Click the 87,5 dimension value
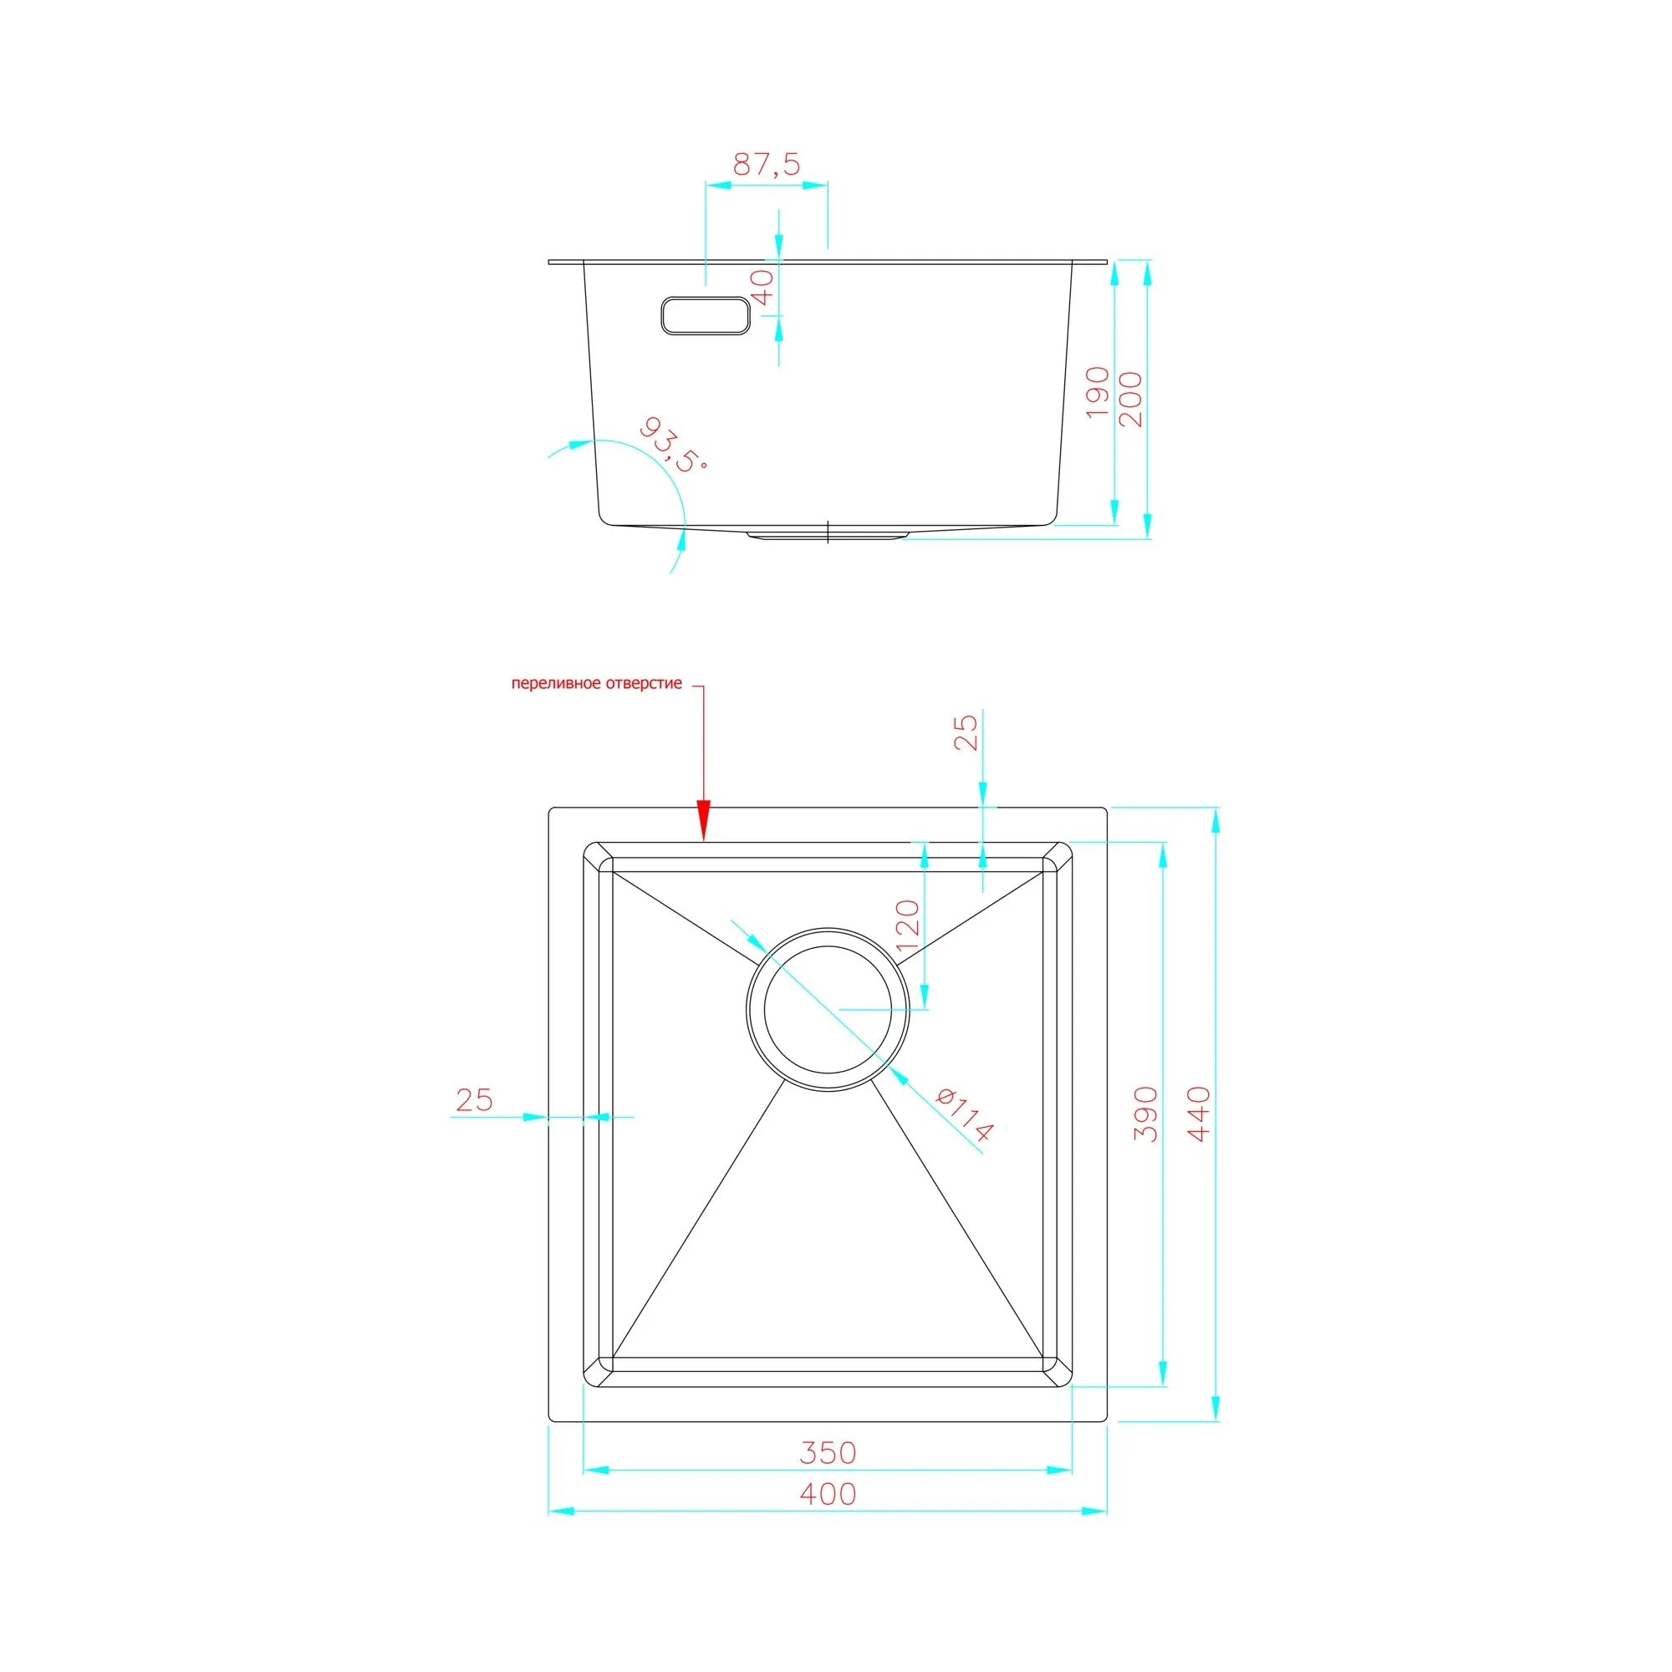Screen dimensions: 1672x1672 coord(767,164)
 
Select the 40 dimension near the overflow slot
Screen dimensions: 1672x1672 coord(762,288)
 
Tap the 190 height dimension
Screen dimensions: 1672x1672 coord(1097,392)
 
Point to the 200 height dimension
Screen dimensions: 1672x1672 coord(1130,399)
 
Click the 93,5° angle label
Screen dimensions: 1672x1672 coord(673,446)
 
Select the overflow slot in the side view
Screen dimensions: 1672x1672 coord(706,316)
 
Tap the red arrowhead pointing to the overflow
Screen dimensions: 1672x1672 coord(704,819)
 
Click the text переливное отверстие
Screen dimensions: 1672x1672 coord(596,684)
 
